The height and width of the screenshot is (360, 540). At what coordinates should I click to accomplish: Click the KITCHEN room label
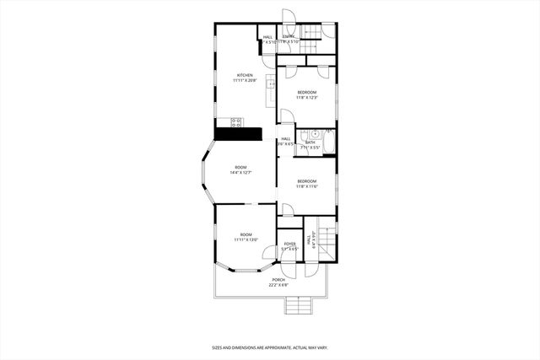tap(245, 74)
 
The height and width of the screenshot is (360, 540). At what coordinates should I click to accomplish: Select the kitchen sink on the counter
tap(270, 83)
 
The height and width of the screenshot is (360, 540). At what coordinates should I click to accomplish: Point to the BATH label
tap(310, 142)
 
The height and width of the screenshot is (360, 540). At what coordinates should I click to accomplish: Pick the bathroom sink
tap(313, 133)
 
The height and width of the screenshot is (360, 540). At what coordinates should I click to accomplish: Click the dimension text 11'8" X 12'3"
tap(306, 97)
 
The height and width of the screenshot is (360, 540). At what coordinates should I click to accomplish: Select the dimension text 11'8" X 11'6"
tap(306, 186)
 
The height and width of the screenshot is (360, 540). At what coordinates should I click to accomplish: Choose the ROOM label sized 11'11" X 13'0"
tap(246, 239)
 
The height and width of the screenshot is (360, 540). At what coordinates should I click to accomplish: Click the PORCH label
tap(278, 279)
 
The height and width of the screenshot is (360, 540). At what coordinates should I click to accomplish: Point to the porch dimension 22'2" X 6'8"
tap(278, 284)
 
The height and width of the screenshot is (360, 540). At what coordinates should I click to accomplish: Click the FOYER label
tap(289, 244)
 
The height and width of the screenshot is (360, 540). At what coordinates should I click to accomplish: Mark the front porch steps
tap(299, 304)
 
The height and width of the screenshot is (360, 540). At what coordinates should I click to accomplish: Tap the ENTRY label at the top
tap(289, 36)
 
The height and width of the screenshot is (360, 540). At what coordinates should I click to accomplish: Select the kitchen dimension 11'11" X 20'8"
tap(245, 80)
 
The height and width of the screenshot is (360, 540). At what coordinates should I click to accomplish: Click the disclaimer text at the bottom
tap(269, 347)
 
